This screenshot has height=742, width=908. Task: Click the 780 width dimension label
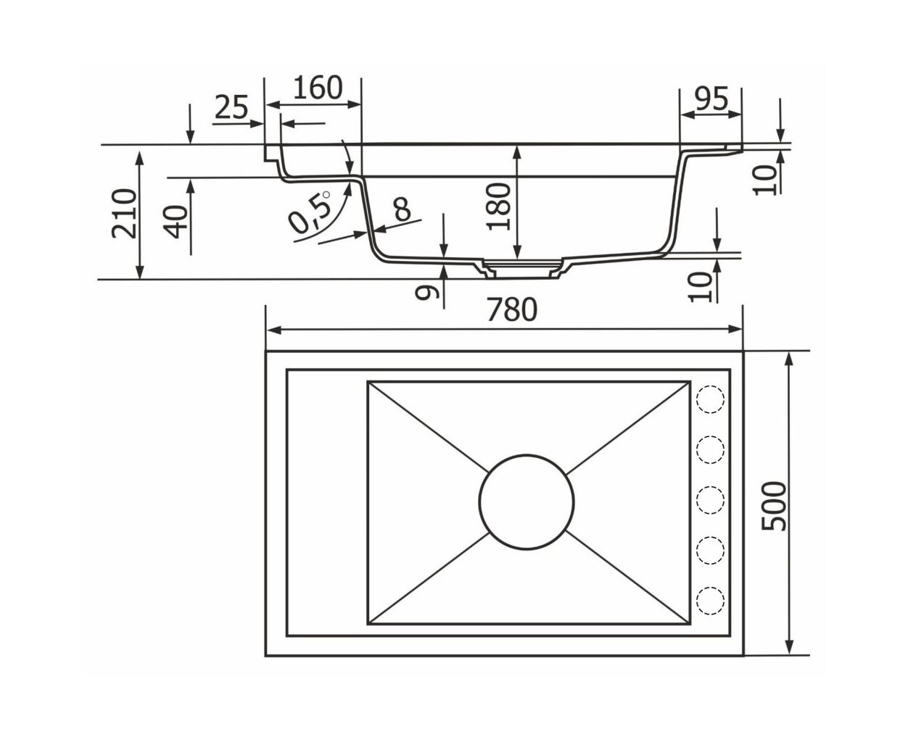click(512, 309)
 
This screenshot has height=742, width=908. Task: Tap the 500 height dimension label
click(774, 507)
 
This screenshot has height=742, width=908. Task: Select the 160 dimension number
click(318, 88)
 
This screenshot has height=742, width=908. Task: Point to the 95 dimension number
click(711, 99)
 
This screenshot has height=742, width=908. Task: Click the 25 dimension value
click(231, 107)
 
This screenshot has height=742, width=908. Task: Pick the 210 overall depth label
click(124, 213)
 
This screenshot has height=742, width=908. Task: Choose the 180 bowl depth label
click(498, 207)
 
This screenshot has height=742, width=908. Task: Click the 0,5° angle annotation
click(308, 212)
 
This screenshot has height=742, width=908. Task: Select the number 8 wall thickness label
click(402, 209)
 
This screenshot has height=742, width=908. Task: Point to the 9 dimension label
click(426, 292)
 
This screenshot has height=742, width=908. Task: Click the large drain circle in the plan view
click(526, 501)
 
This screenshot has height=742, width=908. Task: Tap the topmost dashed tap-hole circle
click(711, 399)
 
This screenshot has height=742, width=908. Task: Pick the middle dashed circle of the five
click(711, 500)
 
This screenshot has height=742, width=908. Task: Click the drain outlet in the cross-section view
click(522, 270)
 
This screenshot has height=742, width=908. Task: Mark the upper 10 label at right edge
click(767, 180)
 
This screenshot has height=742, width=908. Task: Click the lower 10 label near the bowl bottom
click(701, 287)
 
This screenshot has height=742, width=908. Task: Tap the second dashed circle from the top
click(711, 449)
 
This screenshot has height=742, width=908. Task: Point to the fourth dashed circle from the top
click(711, 550)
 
